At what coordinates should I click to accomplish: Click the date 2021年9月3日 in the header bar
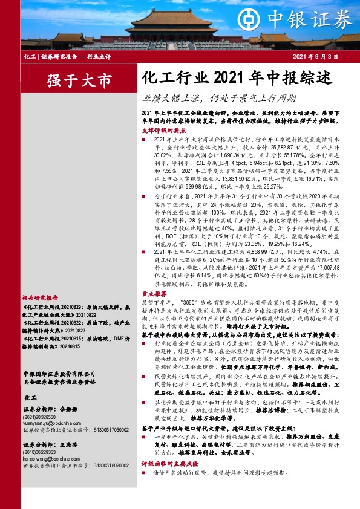tap(314, 56)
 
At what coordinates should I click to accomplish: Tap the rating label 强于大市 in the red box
tap(71, 79)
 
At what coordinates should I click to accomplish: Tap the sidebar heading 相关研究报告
tap(40, 297)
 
